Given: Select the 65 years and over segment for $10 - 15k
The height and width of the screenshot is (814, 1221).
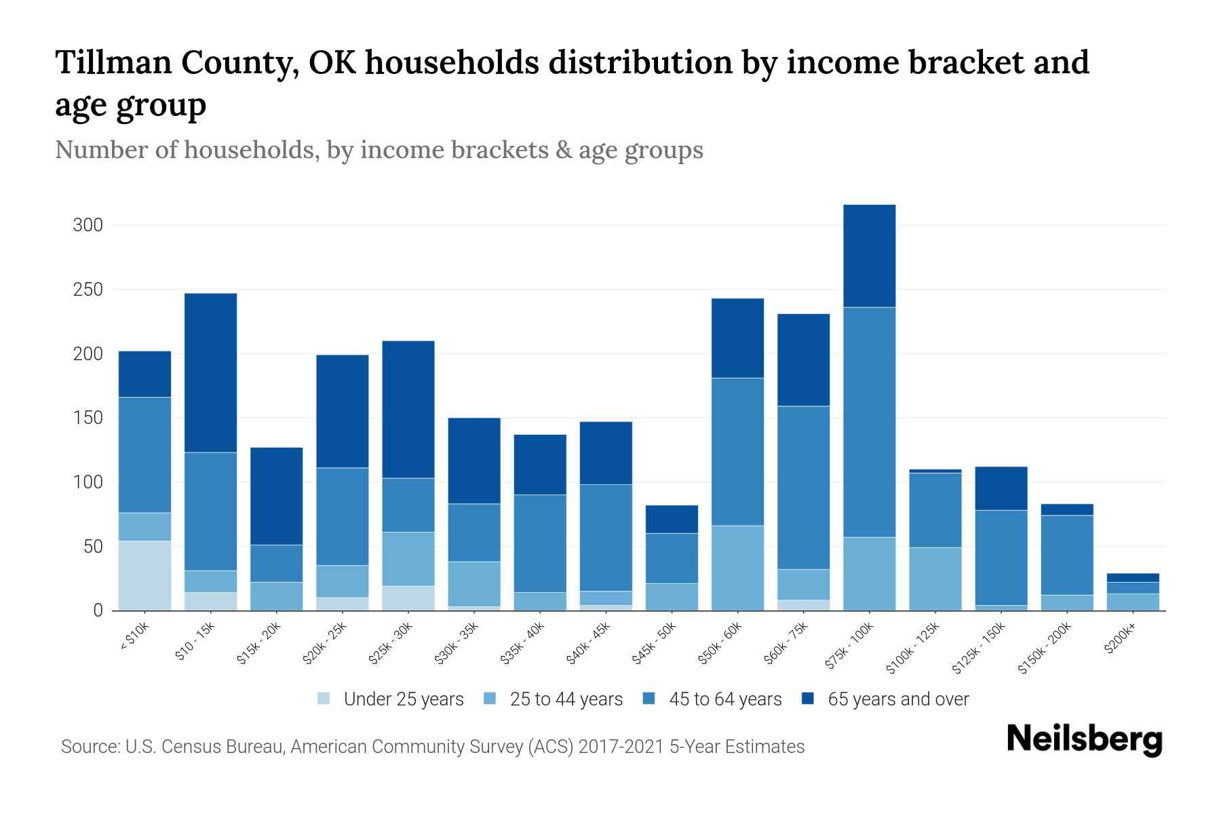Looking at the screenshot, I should click(x=210, y=372).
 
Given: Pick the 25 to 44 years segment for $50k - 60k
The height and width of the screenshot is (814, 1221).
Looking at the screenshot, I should click(x=737, y=568).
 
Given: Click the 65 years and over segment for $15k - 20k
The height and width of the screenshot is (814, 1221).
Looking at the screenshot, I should click(x=276, y=496).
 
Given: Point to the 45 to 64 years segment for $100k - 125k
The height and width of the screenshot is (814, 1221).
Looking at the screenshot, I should click(x=935, y=510).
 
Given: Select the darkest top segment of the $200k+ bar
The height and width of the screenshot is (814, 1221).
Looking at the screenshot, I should click(x=1132, y=577).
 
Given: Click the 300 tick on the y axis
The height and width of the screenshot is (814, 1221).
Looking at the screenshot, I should click(x=88, y=225).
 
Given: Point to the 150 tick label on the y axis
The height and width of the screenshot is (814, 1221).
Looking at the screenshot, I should click(x=88, y=418).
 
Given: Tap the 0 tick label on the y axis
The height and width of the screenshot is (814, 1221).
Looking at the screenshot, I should click(x=98, y=610).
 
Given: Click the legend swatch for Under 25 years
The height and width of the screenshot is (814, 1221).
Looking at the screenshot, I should click(x=324, y=699).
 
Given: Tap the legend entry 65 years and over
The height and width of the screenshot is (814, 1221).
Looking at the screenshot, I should click(x=898, y=699).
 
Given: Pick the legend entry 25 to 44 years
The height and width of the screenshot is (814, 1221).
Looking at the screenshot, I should click(x=566, y=699).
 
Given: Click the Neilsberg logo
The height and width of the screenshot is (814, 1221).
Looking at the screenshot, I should click(x=1084, y=739).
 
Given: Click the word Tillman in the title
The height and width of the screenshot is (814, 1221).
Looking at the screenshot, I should click(x=111, y=62).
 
